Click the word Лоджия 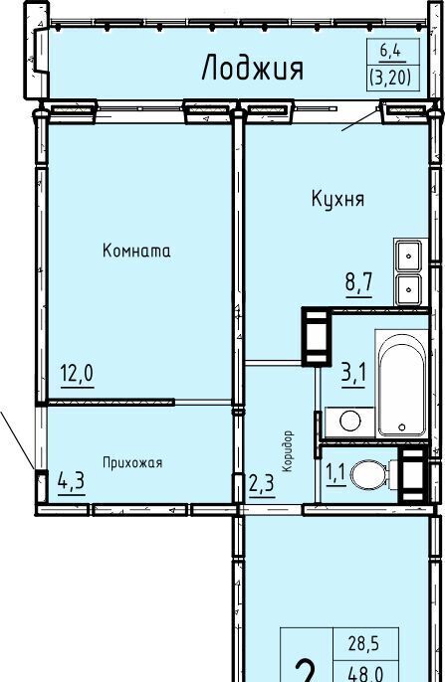(253, 69)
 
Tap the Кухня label (337, 199)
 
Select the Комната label (136, 251)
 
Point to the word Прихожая (132, 463)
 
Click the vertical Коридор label (287, 451)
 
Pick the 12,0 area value (78, 373)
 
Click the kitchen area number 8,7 (359, 282)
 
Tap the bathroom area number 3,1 (353, 373)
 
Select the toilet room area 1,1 (335, 472)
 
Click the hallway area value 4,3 (71, 481)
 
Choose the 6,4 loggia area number (390, 52)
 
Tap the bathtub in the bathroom (401, 383)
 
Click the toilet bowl (369, 475)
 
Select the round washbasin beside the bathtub (350, 422)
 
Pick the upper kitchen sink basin (408, 256)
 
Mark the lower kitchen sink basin (408, 288)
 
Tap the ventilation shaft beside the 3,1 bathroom (317, 336)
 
